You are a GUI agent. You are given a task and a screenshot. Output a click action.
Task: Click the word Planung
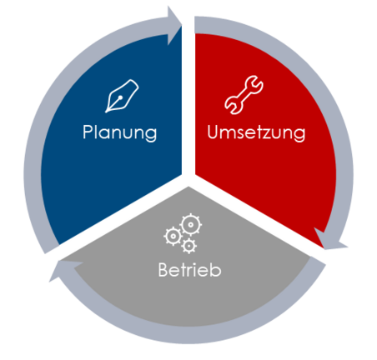[x=119, y=133]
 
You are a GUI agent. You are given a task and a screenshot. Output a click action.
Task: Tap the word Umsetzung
[x=256, y=133]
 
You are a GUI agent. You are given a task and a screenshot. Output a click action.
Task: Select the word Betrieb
[x=189, y=270]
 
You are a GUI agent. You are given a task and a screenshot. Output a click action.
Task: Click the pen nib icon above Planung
[x=122, y=96]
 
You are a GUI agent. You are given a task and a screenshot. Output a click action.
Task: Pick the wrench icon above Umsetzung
[x=244, y=95]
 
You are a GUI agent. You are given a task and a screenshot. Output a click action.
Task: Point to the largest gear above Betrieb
[x=191, y=225]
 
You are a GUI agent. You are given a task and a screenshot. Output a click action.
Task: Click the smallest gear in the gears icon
[x=189, y=246]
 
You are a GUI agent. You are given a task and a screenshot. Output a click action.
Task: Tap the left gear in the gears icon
[x=173, y=237]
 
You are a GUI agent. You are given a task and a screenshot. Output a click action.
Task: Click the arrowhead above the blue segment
[x=174, y=26]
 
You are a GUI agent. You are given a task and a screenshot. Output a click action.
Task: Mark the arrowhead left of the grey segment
[x=66, y=270]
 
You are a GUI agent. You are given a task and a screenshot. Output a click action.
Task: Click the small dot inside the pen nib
[x=120, y=97]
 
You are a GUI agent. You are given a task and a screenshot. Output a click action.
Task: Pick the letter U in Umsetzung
[x=213, y=132]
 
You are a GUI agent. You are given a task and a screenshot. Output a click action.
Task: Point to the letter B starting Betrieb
[x=163, y=270]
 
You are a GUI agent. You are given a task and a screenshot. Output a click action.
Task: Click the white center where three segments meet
[x=188, y=180]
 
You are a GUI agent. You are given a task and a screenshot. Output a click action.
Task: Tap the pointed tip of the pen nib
[x=106, y=112]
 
